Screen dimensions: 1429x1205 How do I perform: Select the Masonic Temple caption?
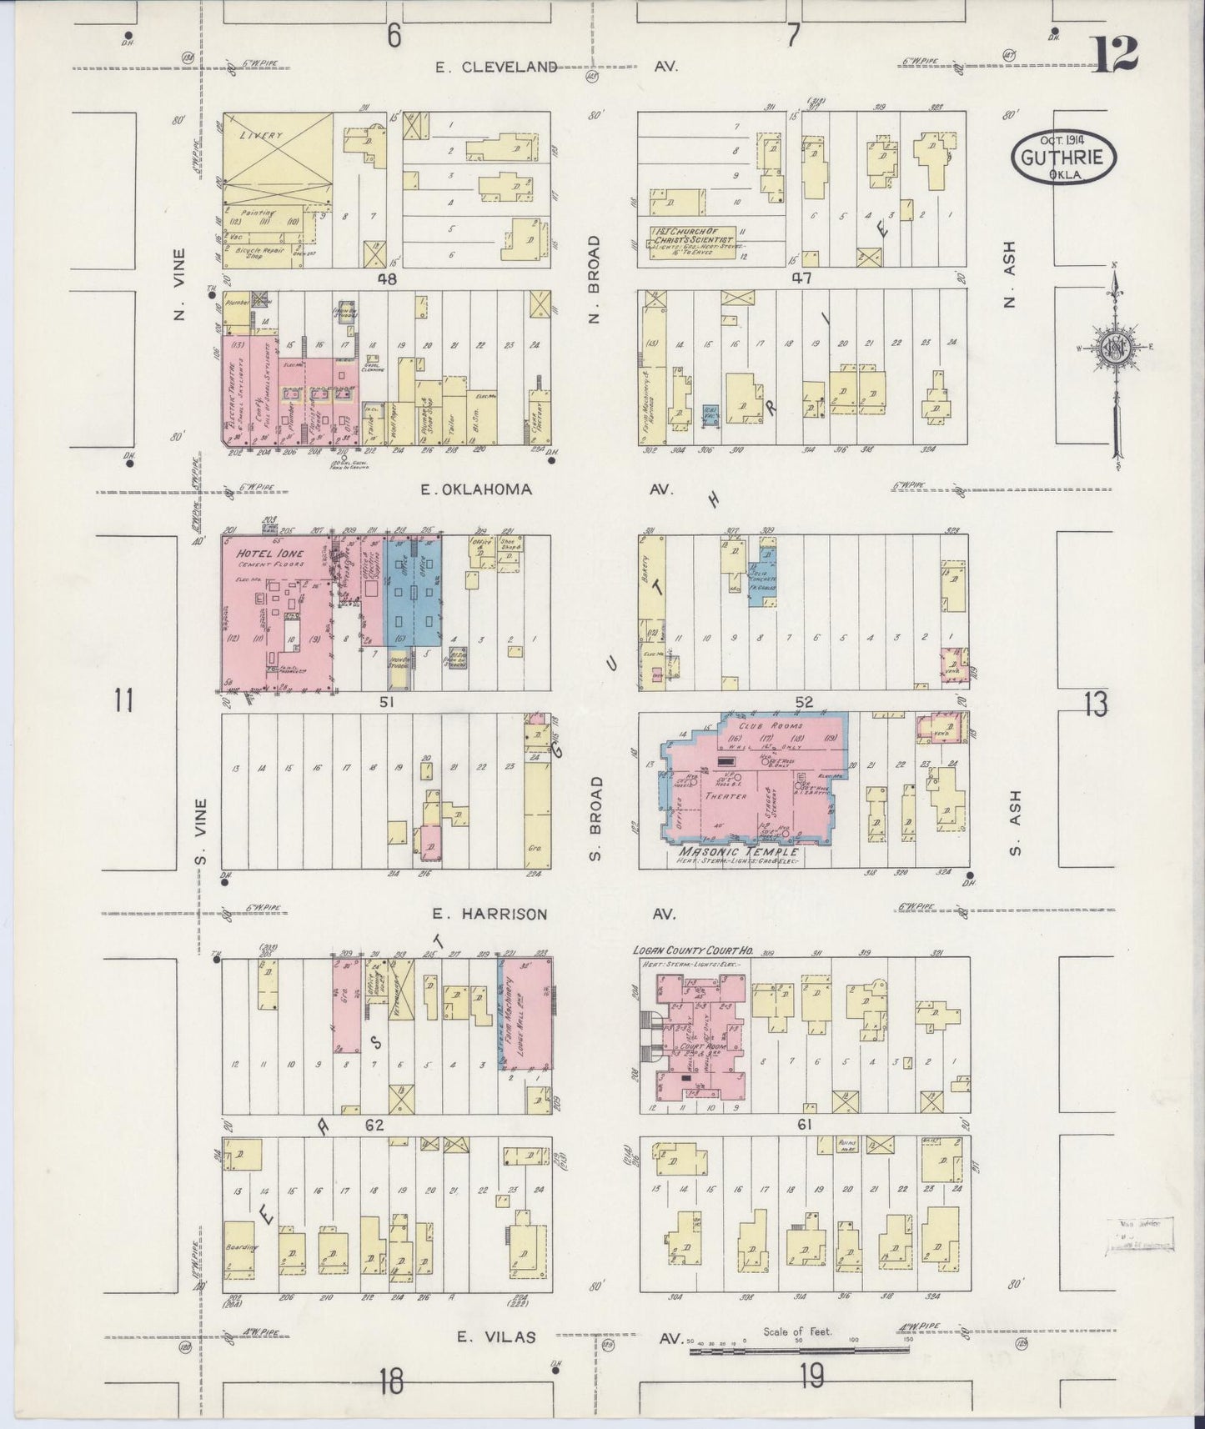pos(738,852)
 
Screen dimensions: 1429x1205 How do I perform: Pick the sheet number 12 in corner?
pos(1113,56)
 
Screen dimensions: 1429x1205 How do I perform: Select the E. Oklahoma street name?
pos(475,489)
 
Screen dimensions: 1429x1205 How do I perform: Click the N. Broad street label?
pos(594,279)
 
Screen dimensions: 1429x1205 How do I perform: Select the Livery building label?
pos(261,134)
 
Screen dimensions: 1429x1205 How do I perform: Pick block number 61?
pos(805,1125)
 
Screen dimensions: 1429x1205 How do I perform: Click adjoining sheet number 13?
pos(1096,705)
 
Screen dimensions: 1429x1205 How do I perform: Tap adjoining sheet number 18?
pos(389,1381)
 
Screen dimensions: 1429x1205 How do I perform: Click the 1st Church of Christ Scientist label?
pos(691,234)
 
